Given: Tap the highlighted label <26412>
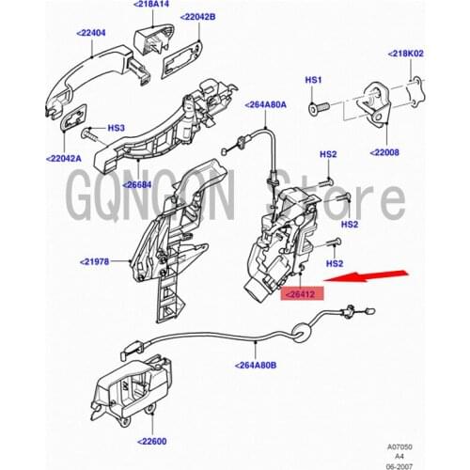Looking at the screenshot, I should (x=302, y=294).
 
